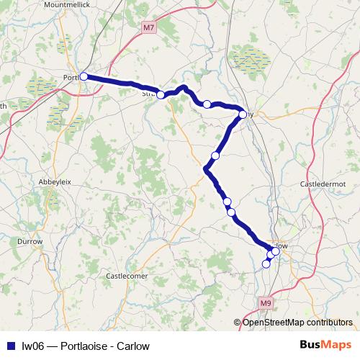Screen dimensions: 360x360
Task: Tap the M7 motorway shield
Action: click(x=148, y=28)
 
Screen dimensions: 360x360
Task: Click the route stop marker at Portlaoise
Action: click(x=84, y=76)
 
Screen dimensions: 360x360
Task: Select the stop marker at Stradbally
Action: click(x=161, y=95)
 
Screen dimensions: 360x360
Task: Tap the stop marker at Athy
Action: click(x=243, y=114)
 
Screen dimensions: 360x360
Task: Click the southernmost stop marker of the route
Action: click(x=266, y=264)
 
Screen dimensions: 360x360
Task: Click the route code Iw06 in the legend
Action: click(x=31, y=346)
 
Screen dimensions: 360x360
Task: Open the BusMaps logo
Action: click(x=325, y=346)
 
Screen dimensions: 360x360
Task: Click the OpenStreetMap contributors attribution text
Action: click(x=297, y=323)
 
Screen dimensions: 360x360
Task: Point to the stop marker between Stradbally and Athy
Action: click(x=207, y=104)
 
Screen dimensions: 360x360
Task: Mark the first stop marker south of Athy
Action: click(x=215, y=156)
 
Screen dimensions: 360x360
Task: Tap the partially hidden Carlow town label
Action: click(x=282, y=246)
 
